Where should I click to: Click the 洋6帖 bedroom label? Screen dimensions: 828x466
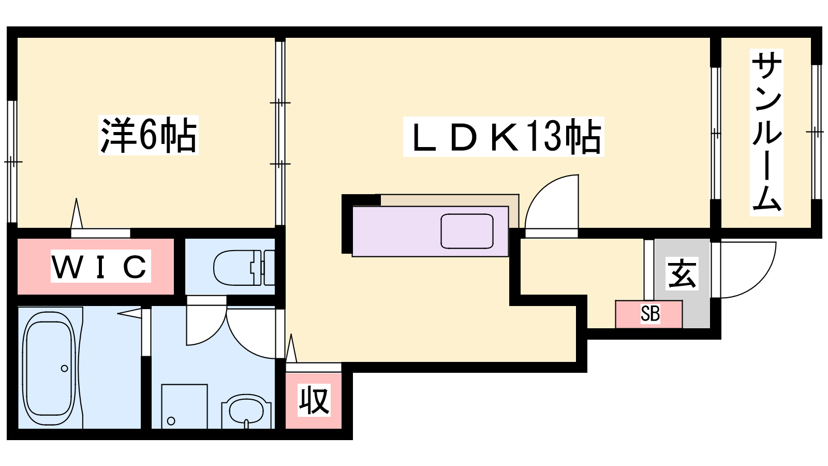coord(149,135)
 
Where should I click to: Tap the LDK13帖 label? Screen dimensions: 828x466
coord(503,137)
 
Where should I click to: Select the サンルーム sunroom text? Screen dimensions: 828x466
coord(766,132)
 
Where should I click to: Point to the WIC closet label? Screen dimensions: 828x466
coord(100,266)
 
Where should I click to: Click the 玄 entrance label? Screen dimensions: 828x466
coord(682,273)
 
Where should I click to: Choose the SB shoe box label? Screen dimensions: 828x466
coord(650,314)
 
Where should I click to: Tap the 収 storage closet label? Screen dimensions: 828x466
coord(314,401)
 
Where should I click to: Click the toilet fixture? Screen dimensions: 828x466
coord(244,268)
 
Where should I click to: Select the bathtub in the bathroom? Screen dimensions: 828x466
coord(50,368)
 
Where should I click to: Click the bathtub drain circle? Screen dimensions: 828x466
coord(64,368)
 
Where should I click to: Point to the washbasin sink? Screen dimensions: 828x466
coord(246,412)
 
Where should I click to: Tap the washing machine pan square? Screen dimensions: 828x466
coord(184,406)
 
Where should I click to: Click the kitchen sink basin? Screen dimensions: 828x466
coord(467,231)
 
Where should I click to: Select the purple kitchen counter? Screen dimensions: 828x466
coord(430,231)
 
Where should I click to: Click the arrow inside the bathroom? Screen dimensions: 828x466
coord(129,313)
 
